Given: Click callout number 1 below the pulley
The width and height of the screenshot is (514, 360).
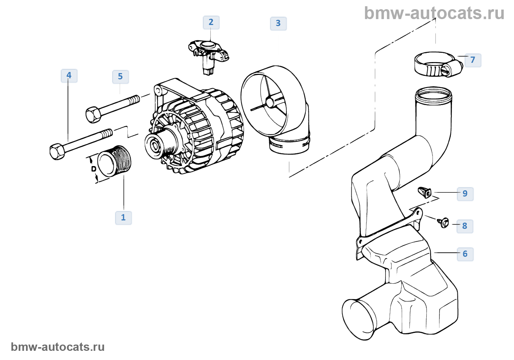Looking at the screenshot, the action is coord(123,217).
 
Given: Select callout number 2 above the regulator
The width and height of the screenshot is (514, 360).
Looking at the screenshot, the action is coord(211,22).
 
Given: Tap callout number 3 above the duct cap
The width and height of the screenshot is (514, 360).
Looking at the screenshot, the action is coord(278,24).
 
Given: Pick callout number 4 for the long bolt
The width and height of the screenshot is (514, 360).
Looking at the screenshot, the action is coord(69,76).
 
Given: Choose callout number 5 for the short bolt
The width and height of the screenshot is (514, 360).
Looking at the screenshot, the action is coord(120,77).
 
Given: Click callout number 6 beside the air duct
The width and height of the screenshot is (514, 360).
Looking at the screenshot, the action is coord(465,254).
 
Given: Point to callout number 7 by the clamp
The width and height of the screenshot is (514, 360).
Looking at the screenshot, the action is coord(473,60).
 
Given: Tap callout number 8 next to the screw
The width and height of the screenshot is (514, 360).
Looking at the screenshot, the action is coord(465,226).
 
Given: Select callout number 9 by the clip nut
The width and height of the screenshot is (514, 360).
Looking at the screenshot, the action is coord(465,194).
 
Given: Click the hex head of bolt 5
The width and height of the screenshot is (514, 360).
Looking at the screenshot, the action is coord(93,114).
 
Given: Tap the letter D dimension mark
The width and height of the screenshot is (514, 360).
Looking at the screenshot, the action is coord(94,169).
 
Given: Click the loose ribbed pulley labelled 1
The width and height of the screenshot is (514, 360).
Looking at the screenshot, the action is coord(114,161).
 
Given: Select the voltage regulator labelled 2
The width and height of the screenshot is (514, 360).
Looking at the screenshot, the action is coord(209,57).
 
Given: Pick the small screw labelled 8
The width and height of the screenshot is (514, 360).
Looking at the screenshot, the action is coord(444,223).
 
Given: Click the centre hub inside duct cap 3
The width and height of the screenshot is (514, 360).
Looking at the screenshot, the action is coord(269,103).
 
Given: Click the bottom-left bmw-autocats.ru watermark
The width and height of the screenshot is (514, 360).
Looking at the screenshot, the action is coord(58,347).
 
